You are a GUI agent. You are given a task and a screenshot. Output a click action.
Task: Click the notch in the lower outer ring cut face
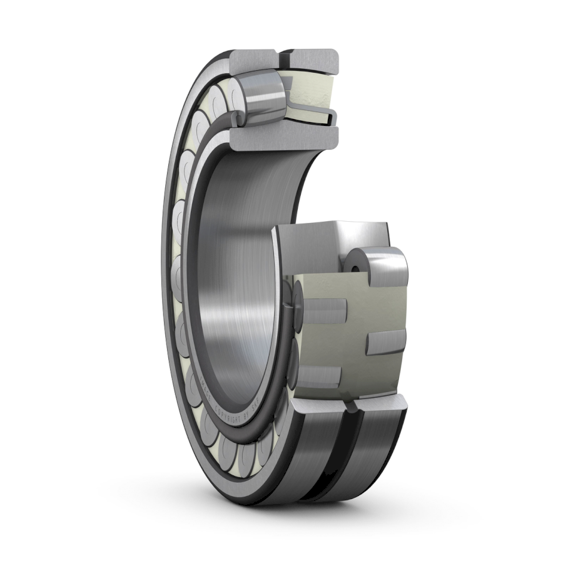click(352, 408)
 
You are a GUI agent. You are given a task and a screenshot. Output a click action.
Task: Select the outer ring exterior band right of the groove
click(375, 451)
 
